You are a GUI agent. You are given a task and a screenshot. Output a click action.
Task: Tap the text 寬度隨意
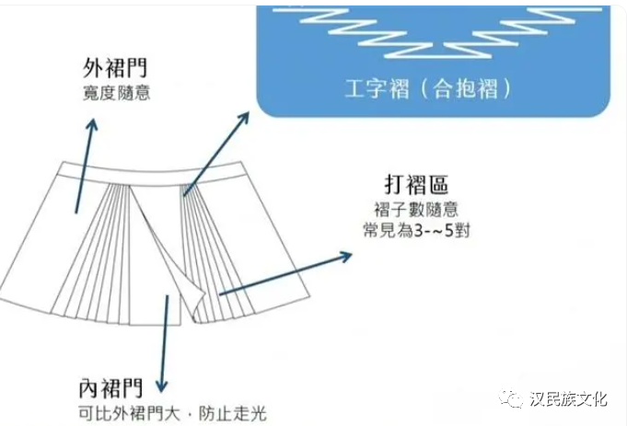point(116,93)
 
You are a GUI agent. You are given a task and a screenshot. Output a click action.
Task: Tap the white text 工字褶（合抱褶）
point(428,89)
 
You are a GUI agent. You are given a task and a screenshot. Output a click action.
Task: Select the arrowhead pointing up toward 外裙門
point(90,126)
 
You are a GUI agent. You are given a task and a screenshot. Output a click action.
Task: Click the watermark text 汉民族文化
point(568,397)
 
